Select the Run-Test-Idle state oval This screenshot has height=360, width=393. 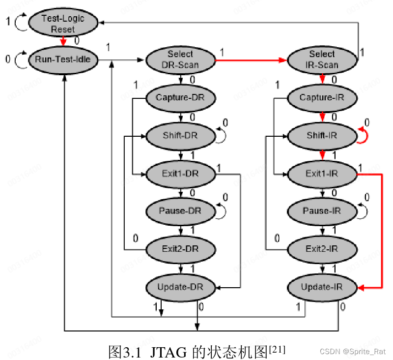[63, 60]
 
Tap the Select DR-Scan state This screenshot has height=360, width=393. [180, 60]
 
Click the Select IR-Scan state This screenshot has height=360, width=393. [322, 60]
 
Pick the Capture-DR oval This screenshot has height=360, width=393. [180, 97]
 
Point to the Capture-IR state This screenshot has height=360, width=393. [322, 97]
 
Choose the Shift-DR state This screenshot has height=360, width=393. [180, 135]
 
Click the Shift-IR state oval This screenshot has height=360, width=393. [322, 135]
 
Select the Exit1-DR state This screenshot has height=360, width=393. [180, 173]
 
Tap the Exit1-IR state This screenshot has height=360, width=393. [322, 173]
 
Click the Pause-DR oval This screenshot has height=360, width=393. [180, 211]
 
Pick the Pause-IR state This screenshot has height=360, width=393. [322, 211]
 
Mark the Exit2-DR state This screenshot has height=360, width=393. [180, 249]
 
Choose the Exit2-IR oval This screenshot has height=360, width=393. [322, 249]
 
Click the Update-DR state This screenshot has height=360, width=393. [180, 287]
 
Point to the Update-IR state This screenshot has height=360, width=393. [322, 287]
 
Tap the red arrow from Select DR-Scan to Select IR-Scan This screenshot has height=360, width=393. [251, 60]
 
